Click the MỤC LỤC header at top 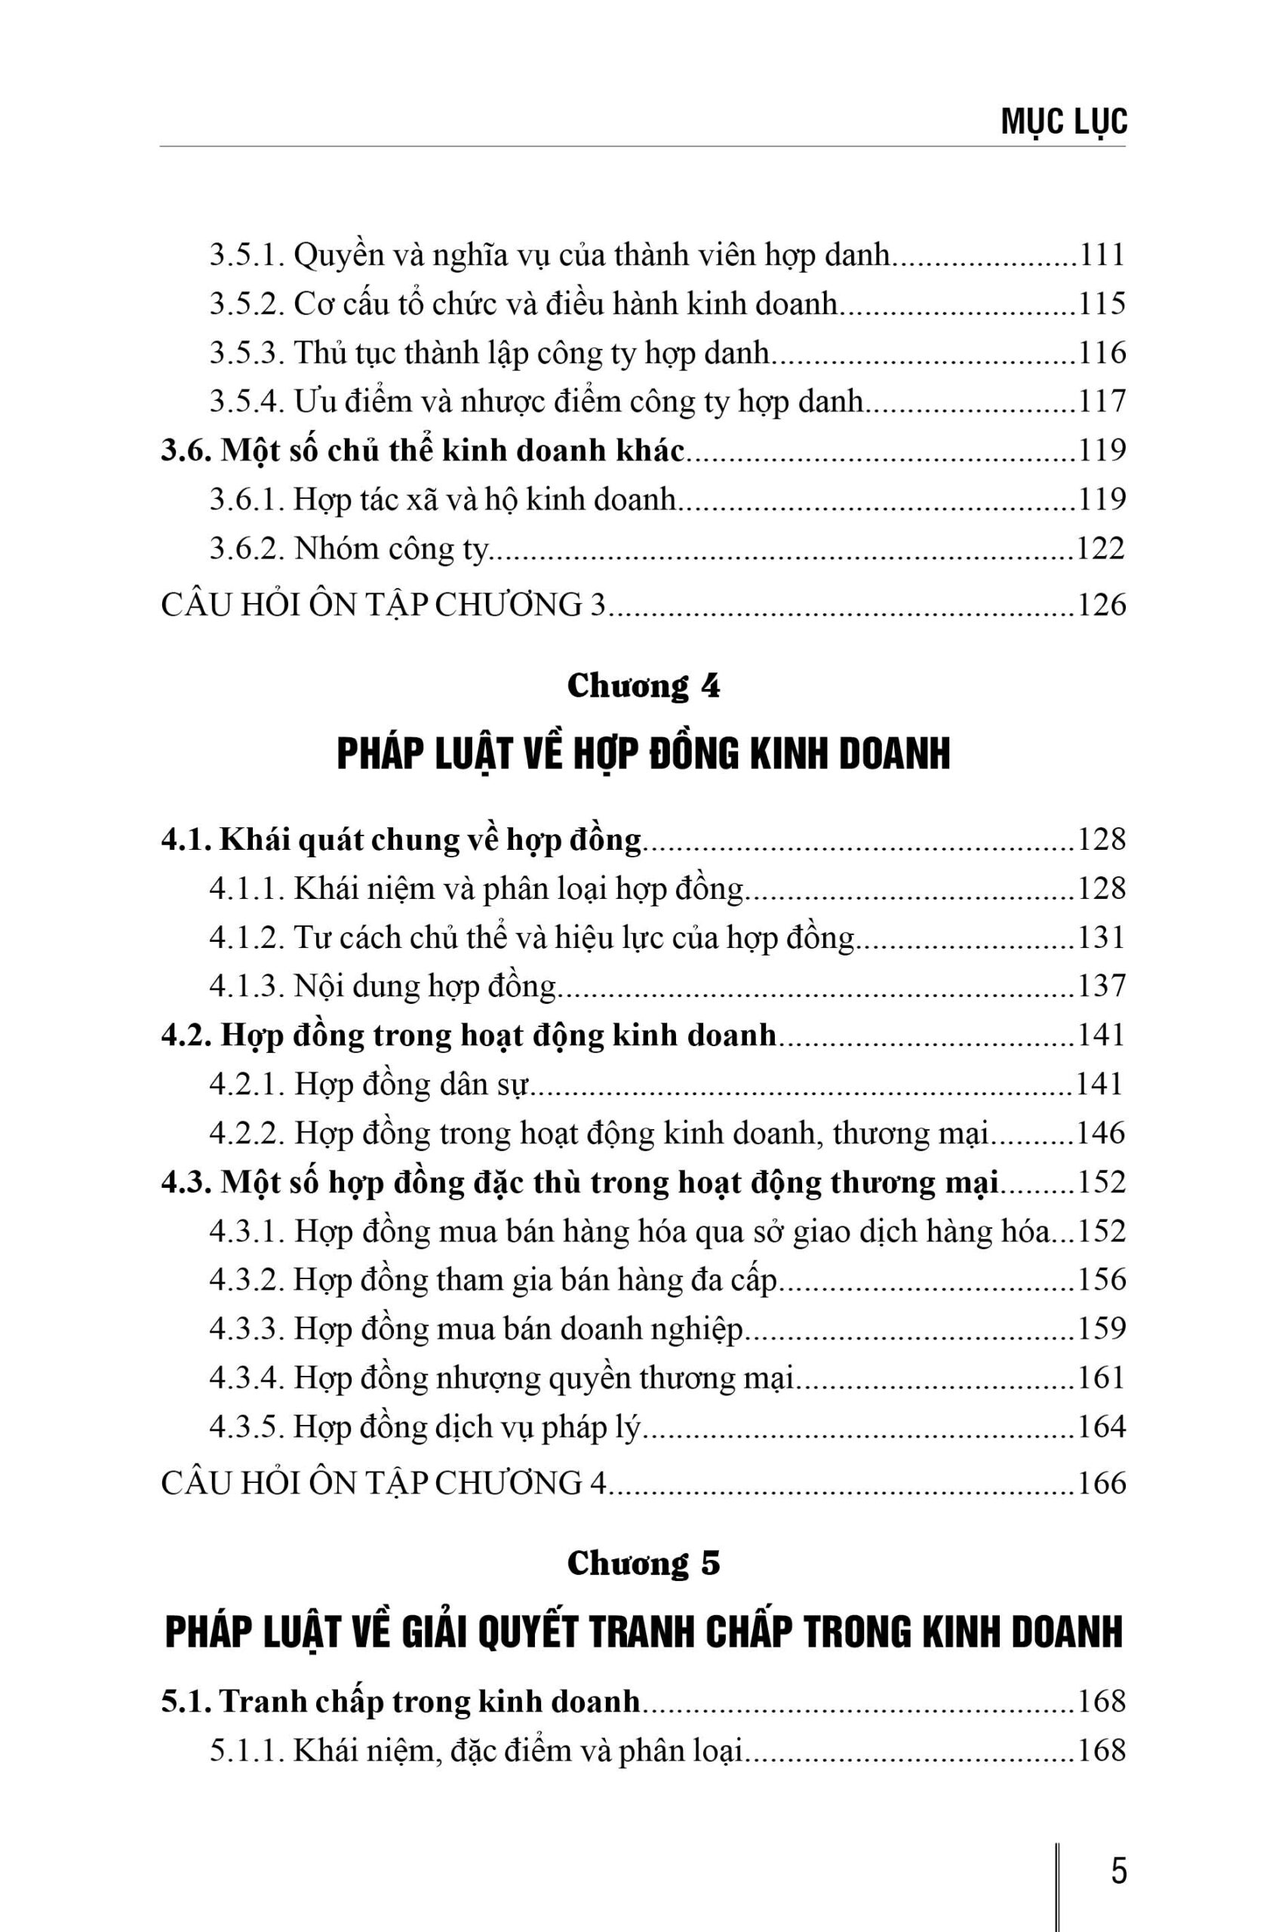point(1064,122)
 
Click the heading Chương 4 point(643,686)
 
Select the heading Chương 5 point(643,1563)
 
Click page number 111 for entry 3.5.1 point(1101,256)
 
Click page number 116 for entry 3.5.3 point(1101,353)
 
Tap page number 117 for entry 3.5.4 point(1101,401)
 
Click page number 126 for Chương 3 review point(1101,605)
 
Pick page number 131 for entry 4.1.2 point(1101,938)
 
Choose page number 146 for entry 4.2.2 point(1101,1134)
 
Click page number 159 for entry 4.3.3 point(1101,1329)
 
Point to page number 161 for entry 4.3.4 point(1101,1377)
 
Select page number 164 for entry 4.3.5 point(1101,1427)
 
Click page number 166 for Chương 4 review point(1101,1484)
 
